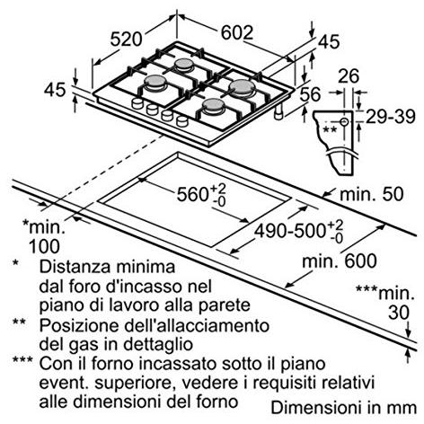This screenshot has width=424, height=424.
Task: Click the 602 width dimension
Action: (x=237, y=32)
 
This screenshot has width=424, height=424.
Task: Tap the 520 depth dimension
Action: (x=126, y=39)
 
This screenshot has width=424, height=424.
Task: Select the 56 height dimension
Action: (x=310, y=94)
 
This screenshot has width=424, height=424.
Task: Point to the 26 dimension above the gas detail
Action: (x=349, y=76)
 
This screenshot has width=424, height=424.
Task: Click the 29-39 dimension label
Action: (x=391, y=117)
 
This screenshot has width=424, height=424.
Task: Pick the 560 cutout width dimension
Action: (x=201, y=194)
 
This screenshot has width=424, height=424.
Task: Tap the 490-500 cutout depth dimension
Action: (x=298, y=231)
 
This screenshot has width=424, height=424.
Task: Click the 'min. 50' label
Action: (x=372, y=194)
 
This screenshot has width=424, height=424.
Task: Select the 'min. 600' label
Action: (x=340, y=261)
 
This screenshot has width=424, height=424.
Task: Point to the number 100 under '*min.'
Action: (x=44, y=246)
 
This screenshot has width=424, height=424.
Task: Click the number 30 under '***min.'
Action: (x=399, y=313)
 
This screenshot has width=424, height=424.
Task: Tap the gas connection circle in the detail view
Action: (x=344, y=121)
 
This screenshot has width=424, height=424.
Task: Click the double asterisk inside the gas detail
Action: (x=331, y=130)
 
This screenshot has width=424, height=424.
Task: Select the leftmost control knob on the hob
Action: (x=137, y=103)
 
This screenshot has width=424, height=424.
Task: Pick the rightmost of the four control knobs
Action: (x=182, y=121)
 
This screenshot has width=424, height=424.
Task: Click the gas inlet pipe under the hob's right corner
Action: (x=279, y=112)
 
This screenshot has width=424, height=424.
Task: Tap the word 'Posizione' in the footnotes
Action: (x=79, y=325)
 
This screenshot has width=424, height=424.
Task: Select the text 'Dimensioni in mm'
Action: (x=344, y=408)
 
